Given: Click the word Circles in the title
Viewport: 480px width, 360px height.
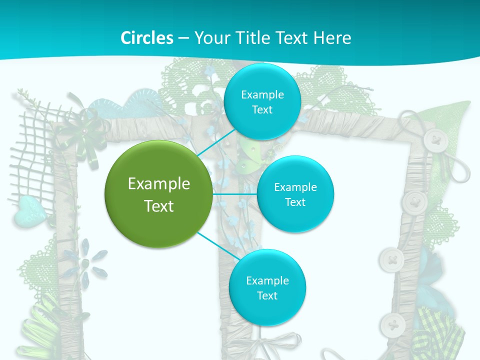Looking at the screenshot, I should click(146, 38).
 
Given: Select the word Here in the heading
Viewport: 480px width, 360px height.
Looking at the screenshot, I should click(332, 38).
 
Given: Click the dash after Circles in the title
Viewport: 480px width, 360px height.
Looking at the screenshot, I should click(183, 38).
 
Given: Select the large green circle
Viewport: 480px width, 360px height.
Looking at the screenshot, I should click(158, 194).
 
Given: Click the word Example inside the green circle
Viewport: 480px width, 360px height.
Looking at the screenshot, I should click(158, 183).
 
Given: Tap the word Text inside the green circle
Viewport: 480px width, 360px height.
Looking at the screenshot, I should click(158, 206).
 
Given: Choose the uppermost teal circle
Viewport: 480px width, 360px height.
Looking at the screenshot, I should click(262, 101).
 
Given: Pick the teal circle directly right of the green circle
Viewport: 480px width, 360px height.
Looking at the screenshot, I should click(295, 194).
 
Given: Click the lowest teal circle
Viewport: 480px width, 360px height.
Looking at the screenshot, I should click(267, 287).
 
